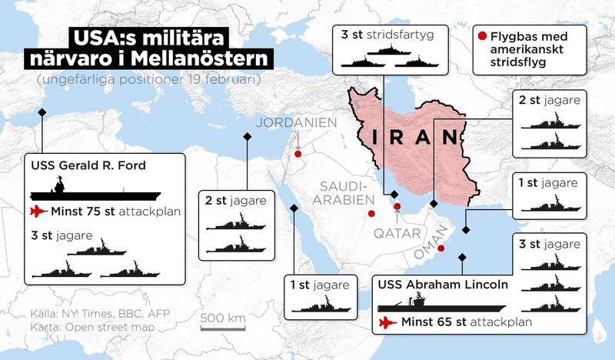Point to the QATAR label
coord(397,232)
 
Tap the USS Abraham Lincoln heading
coord(443,284)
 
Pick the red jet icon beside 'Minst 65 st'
coord(386,322)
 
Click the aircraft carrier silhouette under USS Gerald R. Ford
coord(95,189)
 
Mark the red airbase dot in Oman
coord(441,248)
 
